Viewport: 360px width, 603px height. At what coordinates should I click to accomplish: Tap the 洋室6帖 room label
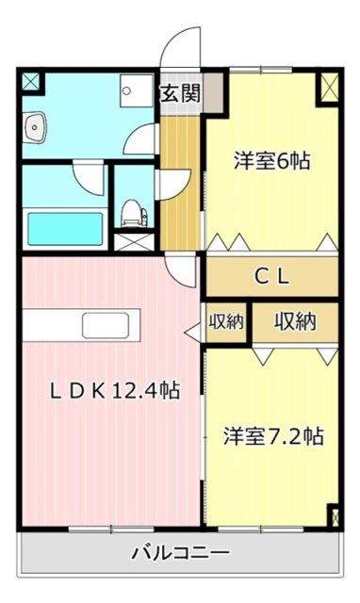tap(271, 161)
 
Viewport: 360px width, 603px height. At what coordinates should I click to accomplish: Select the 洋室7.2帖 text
tap(273, 436)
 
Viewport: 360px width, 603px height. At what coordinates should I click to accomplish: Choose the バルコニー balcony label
tap(179, 552)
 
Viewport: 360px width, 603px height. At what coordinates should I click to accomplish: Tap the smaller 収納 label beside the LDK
tap(226, 321)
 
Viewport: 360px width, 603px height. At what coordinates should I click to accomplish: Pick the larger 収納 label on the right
tap(295, 321)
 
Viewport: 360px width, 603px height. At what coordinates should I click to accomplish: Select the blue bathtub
tap(64, 227)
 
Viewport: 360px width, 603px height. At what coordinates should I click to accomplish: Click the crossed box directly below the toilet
tap(133, 239)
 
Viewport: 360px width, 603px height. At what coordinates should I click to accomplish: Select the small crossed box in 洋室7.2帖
tap(332, 516)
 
